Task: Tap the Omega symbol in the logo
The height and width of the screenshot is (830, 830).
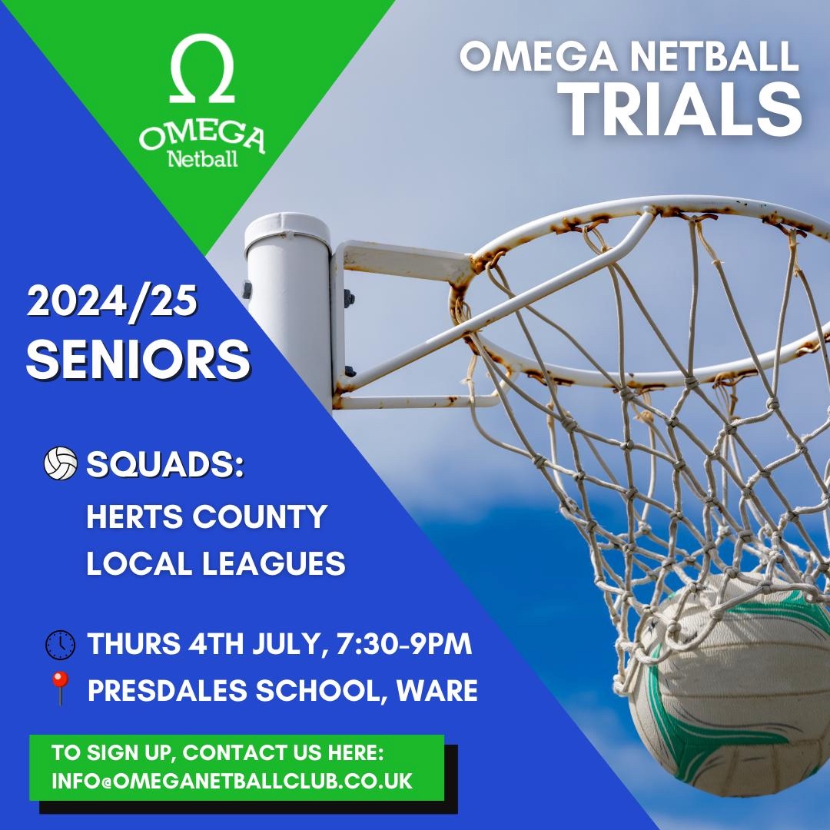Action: coord(201,73)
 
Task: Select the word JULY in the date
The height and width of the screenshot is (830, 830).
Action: coord(288,645)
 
